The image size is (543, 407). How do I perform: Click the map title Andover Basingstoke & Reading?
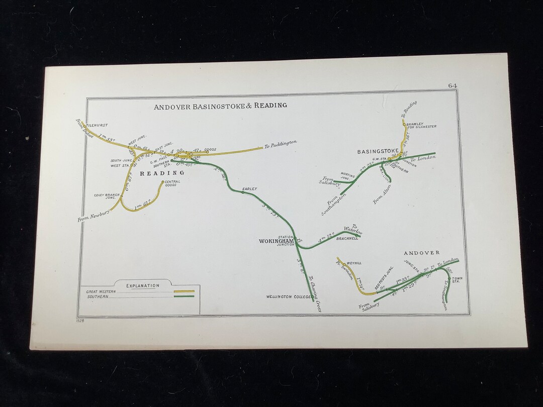[x=220, y=106]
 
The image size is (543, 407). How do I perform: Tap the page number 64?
[x=452, y=85]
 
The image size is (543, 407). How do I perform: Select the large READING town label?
[x=162, y=173]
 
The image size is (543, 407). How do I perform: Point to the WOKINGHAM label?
[x=276, y=241]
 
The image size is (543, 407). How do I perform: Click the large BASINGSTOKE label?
[x=378, y=151]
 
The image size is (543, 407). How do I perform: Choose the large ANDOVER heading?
[x=421, y=253]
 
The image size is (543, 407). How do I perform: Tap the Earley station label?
[x=250, y=189]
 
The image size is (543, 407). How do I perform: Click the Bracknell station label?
[x=347, y=239]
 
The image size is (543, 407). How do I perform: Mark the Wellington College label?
[x=289, y=297]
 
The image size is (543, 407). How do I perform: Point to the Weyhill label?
[x=354, y=263]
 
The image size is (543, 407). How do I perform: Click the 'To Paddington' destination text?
[x=280, y=145]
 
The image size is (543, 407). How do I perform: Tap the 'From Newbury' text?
[x=94, y=215]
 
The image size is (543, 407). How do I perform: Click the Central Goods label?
[x=172, y=183]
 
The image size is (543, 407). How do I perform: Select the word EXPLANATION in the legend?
[x=143, y=285]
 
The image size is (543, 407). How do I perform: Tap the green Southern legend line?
[x=184, y=296]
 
